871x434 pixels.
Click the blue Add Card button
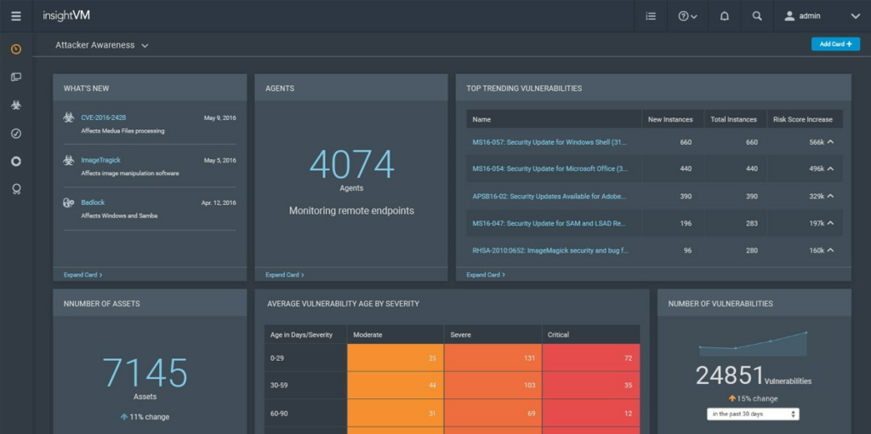click(x=835, y=43)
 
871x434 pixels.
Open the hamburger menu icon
click(x=15, y=15)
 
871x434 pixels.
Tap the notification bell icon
click(x=725, y=15)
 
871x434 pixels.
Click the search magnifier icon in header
click(x=757, y=15)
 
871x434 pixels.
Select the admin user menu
click(x=822, y=15)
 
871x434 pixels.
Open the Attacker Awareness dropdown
click(x=102, y=45)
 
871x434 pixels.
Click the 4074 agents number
click(x=351, y=164)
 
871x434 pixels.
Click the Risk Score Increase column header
click(x=802, y=119)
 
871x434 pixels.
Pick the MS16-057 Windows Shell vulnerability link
click(x=549, y=142)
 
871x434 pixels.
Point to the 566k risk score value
click(x=817, y=142)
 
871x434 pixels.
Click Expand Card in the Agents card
click(x=284, y=275)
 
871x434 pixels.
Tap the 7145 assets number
click(x=145, y=373)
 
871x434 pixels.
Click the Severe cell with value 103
click(x=492, y=385)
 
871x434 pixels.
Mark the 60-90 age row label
click(x=279, y=413)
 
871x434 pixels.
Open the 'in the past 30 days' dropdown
click(x=753, y=414)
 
